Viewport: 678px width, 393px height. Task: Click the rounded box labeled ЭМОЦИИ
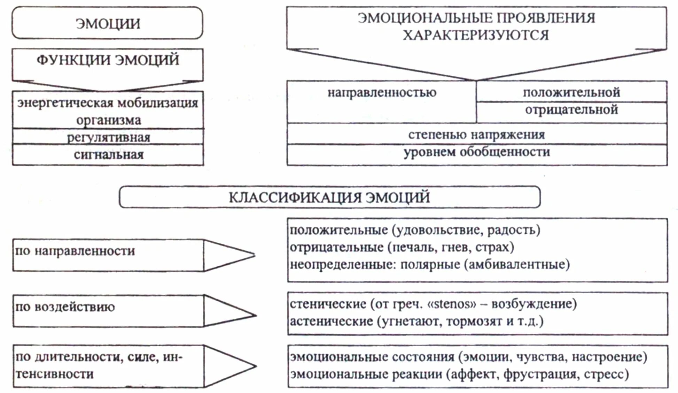[x=108, y=23]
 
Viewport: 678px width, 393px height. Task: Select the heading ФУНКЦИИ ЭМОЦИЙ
[x=108, y=60]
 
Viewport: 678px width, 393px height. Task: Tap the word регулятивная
[x=108, y=137]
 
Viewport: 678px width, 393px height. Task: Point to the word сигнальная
[x=108, y=154]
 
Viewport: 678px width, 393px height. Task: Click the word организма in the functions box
[x=108, y=120]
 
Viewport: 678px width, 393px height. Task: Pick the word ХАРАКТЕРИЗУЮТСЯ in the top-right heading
[x=476, y=35]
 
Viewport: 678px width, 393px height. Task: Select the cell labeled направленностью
[x=382, y=93]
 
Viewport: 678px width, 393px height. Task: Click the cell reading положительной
[x=571, y=92]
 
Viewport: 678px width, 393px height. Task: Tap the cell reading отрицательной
[x=571, y=110]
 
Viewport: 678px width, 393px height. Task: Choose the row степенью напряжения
[x=476, y=135]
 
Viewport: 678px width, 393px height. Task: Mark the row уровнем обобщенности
[x=476, y=152]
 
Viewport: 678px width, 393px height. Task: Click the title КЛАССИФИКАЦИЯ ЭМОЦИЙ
[x=329, y=197]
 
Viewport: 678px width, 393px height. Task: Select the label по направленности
[x=75, y=251]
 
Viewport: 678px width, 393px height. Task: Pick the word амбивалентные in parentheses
[x=517, y=265]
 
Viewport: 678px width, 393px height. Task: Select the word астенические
[x=331, y=321]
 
